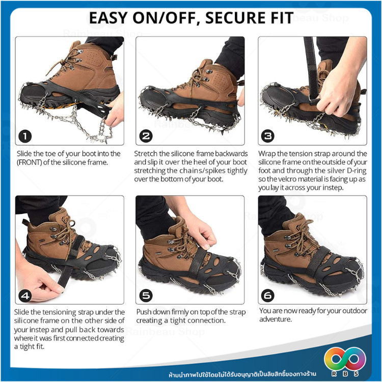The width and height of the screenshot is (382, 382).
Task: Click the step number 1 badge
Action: (25, 136)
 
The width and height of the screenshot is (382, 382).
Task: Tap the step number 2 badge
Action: (146, 136)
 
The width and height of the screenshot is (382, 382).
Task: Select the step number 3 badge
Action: (267, 136)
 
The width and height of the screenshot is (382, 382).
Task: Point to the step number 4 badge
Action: (25, 295)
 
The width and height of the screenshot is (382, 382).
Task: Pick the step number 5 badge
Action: (146, 295)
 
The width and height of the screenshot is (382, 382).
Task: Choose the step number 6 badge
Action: (267, 295)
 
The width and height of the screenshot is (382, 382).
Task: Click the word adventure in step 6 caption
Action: (276, 319)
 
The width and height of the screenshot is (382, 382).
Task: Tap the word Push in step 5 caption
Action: (145, 312)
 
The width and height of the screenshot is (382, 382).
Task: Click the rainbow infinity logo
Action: (345, 359)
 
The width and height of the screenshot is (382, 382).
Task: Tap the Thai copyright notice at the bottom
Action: (242, 374)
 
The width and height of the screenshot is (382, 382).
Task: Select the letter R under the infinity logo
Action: (333, 373)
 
